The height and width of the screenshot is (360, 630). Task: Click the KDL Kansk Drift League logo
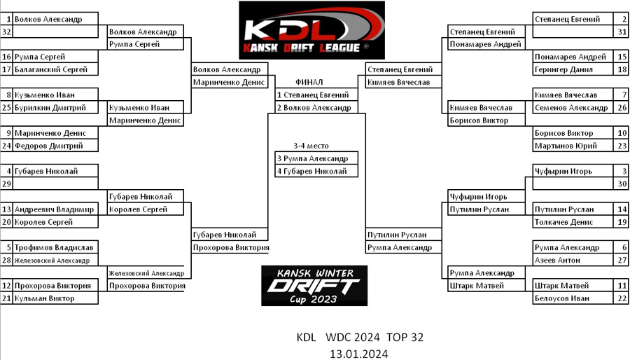pos(311,30)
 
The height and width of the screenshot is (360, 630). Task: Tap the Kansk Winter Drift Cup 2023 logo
pos(314,285)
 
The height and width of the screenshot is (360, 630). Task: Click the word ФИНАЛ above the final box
pos(309,82)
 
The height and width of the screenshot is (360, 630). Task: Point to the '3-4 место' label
pos(311,146)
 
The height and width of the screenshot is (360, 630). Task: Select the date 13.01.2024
pos(360,353)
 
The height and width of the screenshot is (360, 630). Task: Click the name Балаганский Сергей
pos(51,69)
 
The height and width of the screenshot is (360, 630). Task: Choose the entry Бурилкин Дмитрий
pos(50,108)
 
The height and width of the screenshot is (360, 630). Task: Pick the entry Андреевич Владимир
pos(54,209)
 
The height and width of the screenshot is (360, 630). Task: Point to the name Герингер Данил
pos(559,69)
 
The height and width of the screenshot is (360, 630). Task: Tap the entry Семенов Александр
pos(570,108)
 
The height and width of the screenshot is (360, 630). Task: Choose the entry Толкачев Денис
pos(563,222)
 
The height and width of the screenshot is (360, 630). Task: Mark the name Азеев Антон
pos(556,261)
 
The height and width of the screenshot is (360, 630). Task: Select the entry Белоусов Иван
pos(561,298)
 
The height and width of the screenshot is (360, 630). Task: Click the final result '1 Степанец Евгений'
pos(312,95)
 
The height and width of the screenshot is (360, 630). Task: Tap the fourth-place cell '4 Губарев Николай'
pos(312,171)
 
